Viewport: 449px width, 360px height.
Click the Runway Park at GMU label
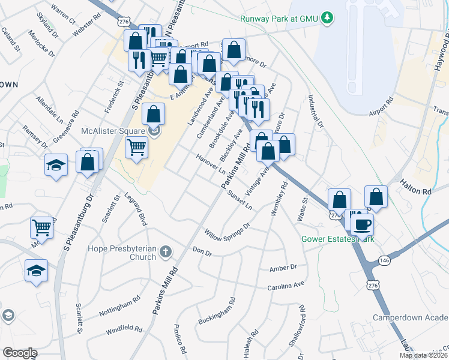coord(279,19)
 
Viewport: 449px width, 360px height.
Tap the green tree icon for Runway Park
coord(327,18)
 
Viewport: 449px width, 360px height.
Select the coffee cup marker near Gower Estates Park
coord(363,225)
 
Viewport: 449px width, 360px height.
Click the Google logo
coord(20,353)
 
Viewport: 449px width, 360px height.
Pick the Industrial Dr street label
coord(316,111)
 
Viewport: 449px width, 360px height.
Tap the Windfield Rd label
coord(123,329)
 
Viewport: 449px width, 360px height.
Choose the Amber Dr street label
coord(283,267)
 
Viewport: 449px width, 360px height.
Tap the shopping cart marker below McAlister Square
coord(137,146)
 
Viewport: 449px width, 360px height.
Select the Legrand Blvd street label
coord(136,205)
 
